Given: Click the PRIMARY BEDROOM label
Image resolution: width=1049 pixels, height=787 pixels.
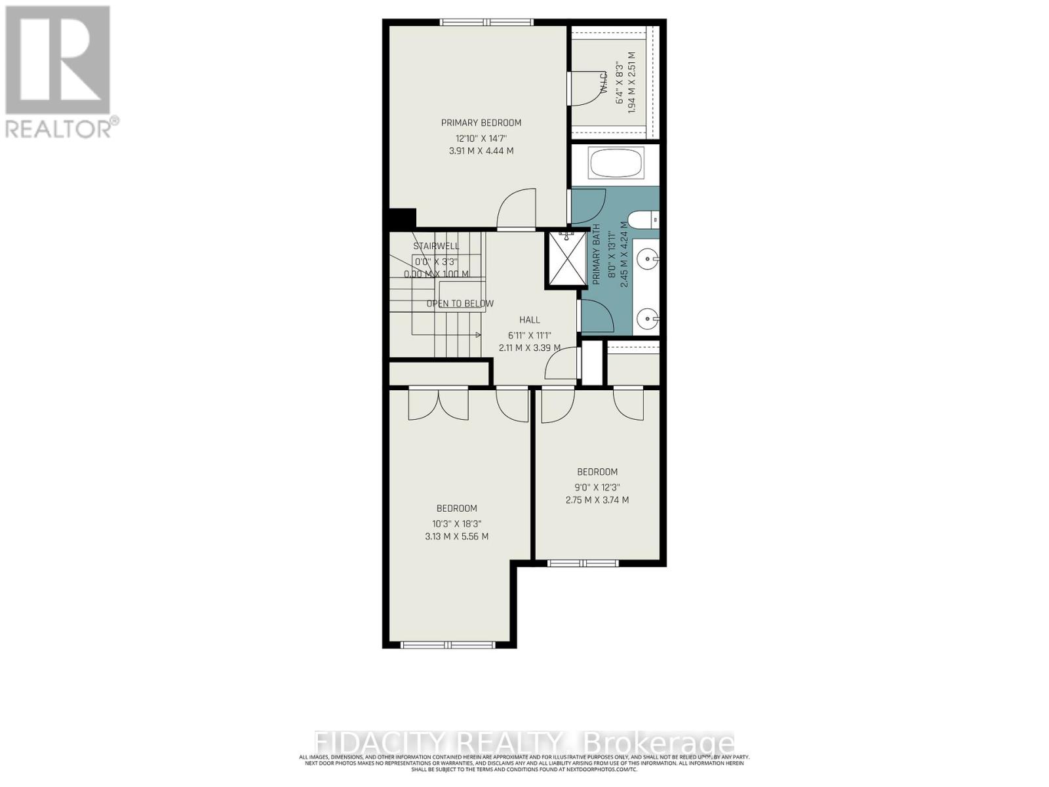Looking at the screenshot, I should [481, 123].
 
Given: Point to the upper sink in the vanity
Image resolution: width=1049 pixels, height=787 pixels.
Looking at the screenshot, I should [648, 260].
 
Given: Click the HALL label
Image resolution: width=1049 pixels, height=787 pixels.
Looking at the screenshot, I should [530, 320].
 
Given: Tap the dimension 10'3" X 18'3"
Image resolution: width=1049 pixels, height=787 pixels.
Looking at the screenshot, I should [456, 523].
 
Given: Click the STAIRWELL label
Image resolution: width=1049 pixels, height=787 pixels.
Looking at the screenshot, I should [436, 247].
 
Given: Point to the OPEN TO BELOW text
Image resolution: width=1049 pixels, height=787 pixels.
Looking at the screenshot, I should [460, 304].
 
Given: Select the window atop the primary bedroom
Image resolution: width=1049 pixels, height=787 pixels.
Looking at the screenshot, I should [486, 22].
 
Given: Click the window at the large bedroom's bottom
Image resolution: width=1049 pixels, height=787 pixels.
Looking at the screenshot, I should [449, 645].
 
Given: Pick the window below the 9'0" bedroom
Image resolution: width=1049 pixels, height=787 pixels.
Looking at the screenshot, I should [582, 563].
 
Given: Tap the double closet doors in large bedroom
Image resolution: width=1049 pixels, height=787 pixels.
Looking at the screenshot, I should [438, 403].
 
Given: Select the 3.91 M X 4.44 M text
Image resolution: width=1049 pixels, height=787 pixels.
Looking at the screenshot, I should [481, 151].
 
